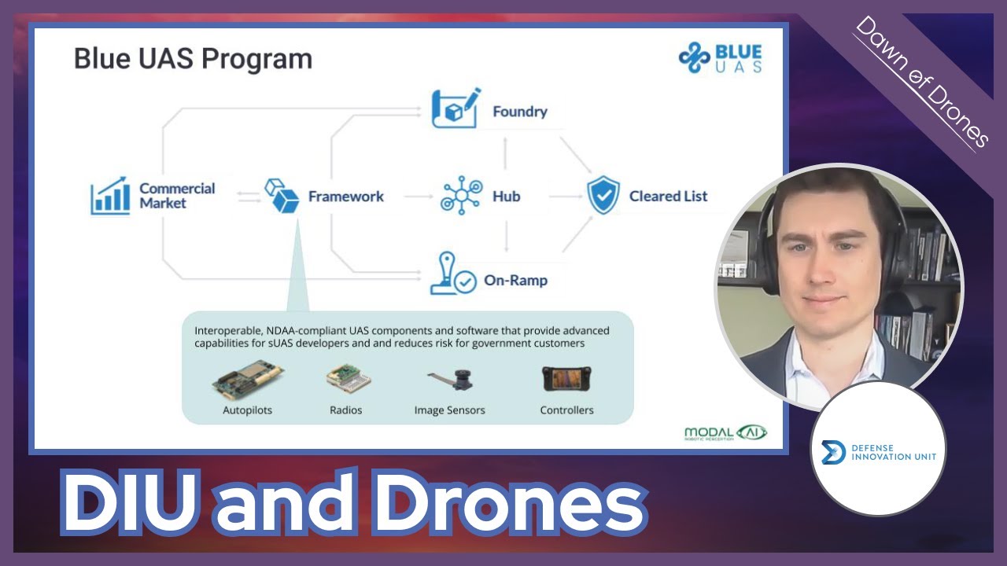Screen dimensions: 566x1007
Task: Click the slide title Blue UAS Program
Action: pyautogui.click(x=193, y=59)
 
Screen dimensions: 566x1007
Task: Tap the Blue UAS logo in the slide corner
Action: pyautogui.click(x=721, y=59)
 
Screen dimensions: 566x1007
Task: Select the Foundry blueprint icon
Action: pyautogui.click(x=456, y=109)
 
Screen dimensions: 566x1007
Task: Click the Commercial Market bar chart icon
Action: pyautogui.click(x=109, y=196)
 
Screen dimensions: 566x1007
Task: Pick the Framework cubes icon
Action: pyautogui.click(x=282, y=195)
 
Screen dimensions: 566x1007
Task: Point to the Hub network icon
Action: pyautogui.click(x=460, y=196)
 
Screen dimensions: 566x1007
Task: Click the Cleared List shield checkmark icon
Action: pyautogui.click(x=603, y=196)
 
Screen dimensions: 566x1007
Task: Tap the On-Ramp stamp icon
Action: pyautogui.click(x=452, y=274)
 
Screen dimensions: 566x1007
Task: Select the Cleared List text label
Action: pyautogui.click(x=668, y=197)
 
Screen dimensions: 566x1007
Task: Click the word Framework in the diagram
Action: pyautogui.click(x=345, y=197)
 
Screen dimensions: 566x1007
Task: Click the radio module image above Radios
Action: pyautogui.click(x=347, y=380)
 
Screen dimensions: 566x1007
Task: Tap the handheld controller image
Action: pyautogui.click(x=566, y=379)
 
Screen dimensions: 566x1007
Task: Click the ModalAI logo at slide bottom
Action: pyautogui.click(x=725, y=433)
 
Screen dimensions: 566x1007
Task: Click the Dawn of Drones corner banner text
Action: pyautogui.click(x=921, y=82)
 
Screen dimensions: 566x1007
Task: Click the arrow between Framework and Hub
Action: pyautogui.click(x=414, y=197)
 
